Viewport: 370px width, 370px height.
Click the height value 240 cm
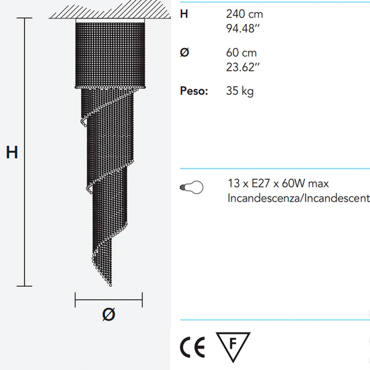(x=244, y=14)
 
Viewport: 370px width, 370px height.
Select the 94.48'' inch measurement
(x=243, y=28)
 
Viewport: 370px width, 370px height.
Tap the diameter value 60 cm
(x=241, y=53)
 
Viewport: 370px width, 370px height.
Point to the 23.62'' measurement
(x=243, y=67)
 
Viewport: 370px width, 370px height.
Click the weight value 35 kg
(x=240, y=91)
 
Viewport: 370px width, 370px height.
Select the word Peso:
(x=194, y=91)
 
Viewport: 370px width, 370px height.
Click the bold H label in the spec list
(x=184, y=14)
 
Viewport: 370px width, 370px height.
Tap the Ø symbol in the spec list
(x=184, y=52)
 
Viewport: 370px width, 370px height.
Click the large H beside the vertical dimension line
(x=12, y=152)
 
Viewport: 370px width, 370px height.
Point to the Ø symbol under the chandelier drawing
(x=109, y=314)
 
